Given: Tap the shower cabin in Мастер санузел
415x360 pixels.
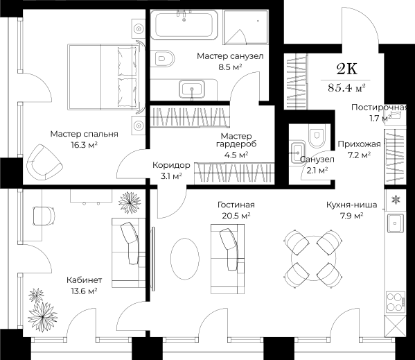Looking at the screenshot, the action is (245, 27).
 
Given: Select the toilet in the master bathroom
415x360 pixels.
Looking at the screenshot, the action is (164, 58).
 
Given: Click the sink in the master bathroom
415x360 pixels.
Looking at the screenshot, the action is (192, 89).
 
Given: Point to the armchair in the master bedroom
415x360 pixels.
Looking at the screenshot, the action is (44, 162).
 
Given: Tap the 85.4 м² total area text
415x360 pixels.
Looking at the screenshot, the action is (346, 87).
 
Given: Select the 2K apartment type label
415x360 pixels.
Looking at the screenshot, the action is (346, 69).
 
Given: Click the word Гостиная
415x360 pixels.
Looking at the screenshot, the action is (236, 205).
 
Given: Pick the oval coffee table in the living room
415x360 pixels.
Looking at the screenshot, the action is (185, 259).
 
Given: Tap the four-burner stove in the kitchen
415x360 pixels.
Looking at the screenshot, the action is (396, 302).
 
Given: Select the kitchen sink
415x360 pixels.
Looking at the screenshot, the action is (396, 223).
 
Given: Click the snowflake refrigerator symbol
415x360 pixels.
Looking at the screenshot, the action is (396, 200).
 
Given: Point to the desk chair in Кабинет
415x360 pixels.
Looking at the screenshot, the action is (44, 216).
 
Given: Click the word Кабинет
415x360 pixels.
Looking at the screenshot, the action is (84, 280).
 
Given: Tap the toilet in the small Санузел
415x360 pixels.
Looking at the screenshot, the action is (317, 136).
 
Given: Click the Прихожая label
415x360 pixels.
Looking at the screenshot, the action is (359, 144).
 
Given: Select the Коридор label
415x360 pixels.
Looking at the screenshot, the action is (171, 165).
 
